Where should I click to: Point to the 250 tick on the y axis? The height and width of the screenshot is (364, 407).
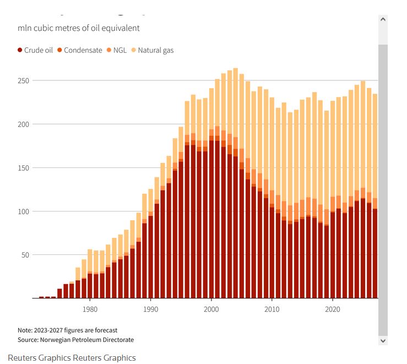coord(24,80)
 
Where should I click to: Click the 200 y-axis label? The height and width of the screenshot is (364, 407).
coord(24,124)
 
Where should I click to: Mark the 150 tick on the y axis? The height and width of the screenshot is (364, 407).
coord(24,167)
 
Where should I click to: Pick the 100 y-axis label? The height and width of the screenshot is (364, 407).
coord(24,211)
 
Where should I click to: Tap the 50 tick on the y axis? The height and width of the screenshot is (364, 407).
coord(25,254)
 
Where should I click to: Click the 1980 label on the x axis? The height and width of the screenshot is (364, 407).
coord(90,309)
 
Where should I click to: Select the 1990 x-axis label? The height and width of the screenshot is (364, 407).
coord(151,309)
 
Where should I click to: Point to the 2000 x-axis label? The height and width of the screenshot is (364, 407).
coord(211,309)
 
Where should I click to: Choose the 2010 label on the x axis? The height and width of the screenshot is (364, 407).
coord(272,309)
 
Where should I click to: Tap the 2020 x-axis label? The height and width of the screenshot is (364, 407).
coord(333,309)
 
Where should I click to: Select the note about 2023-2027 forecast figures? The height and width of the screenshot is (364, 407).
coord(67,330)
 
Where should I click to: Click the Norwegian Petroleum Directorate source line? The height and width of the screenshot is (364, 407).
coord(75,340)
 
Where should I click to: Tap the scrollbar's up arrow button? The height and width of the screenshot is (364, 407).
coord(383,19)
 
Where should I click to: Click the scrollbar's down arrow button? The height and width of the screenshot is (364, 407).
coord(383,341)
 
